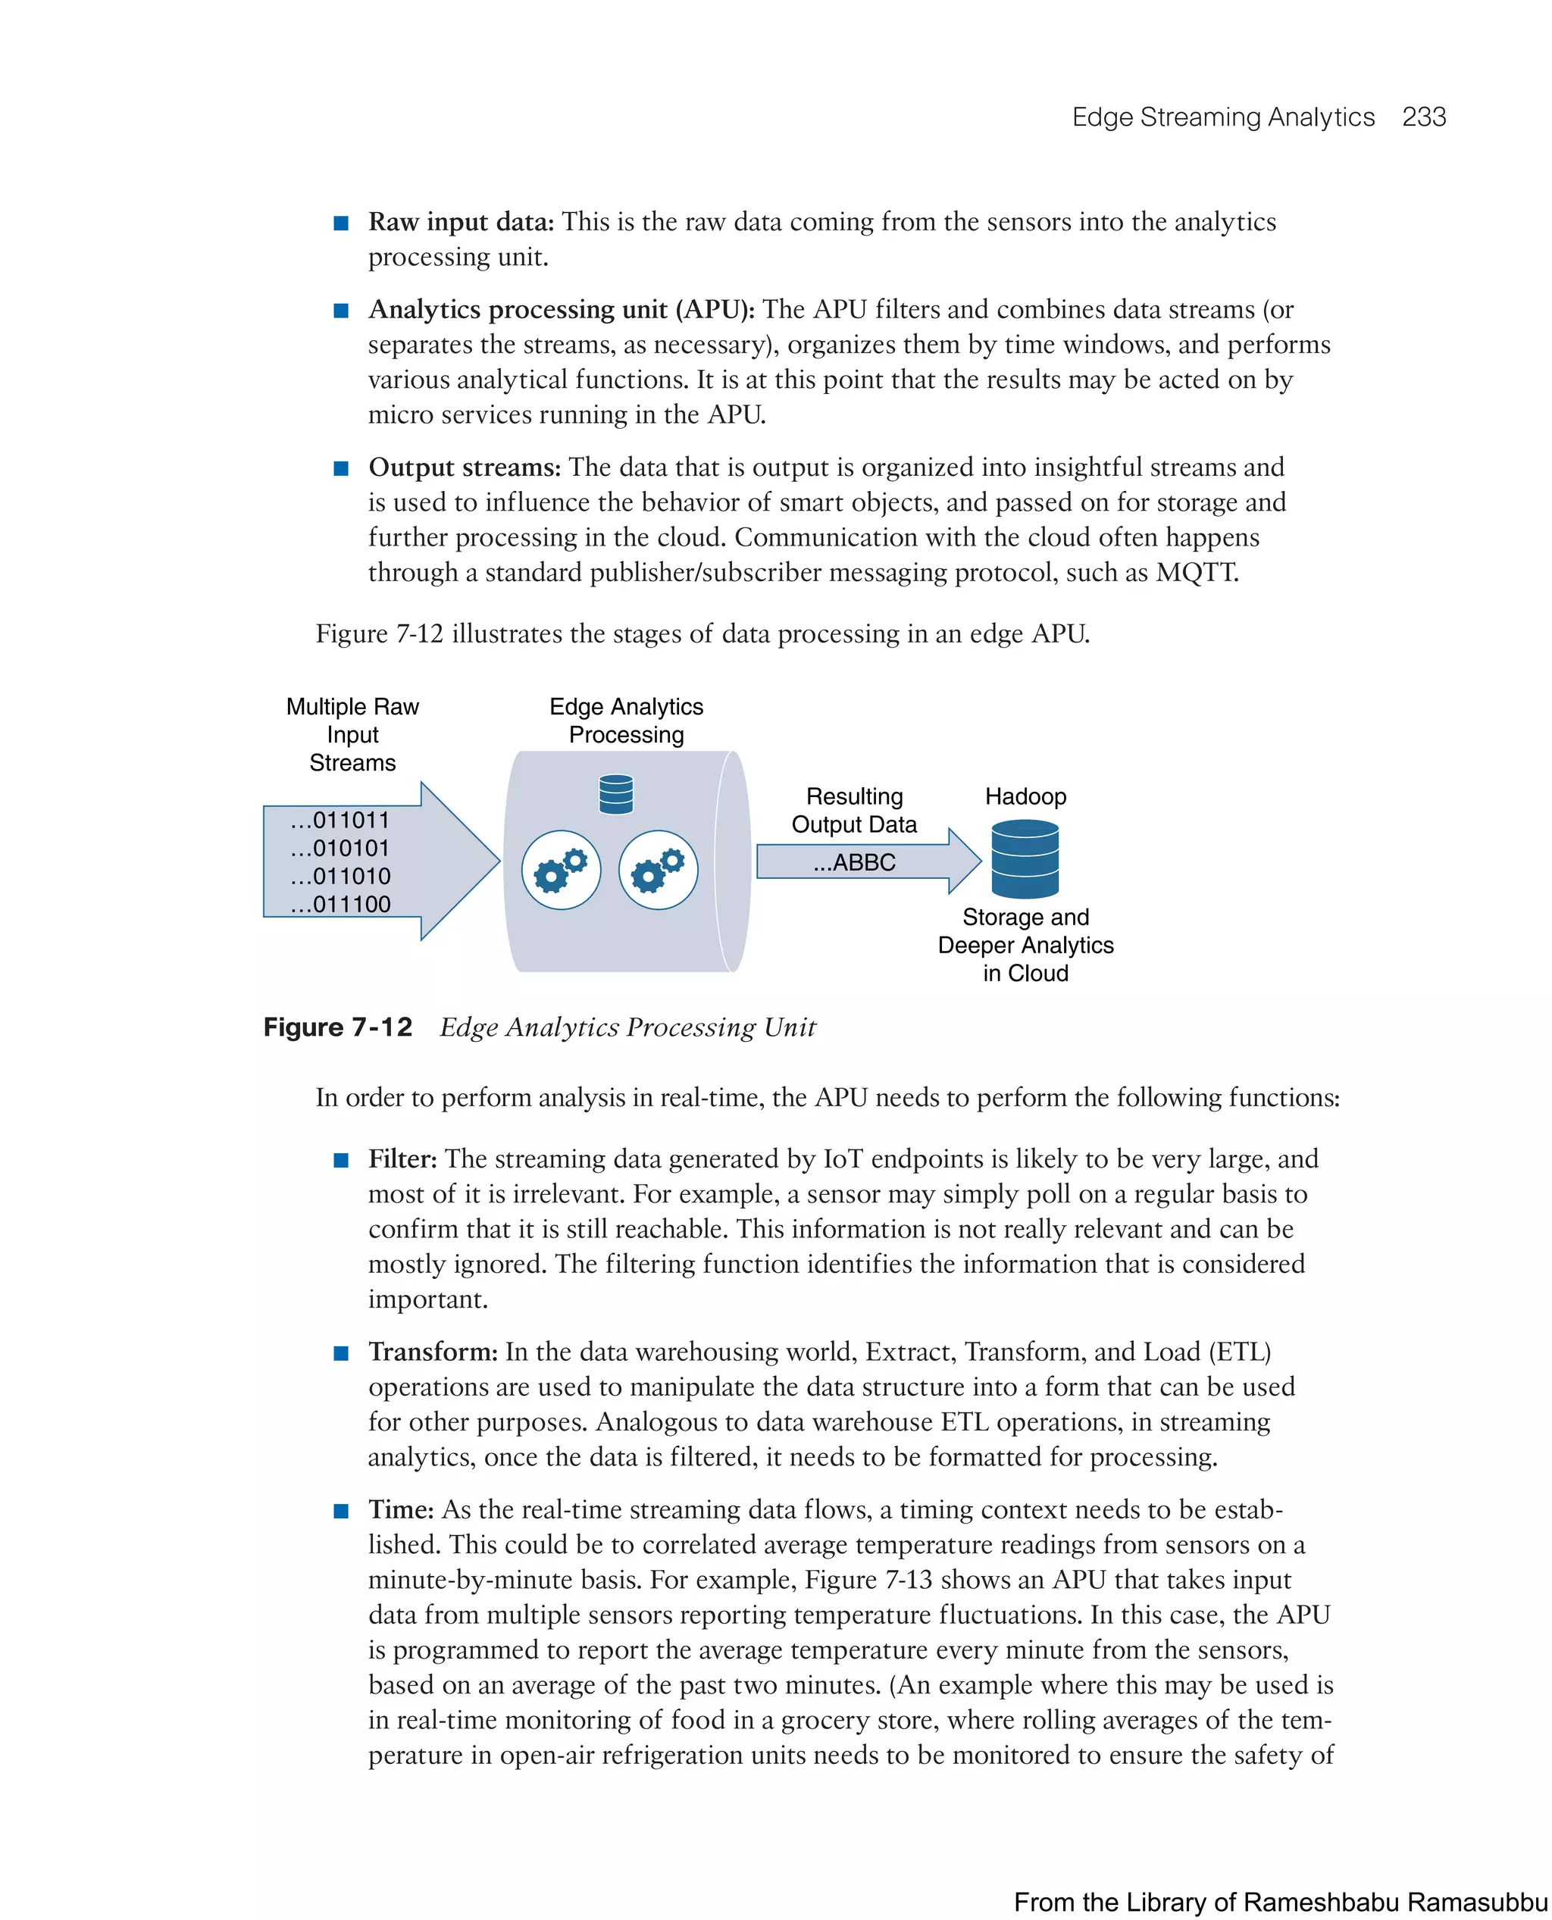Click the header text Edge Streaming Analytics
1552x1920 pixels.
tap(1222, 117)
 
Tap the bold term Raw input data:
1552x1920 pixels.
tap(461, 222)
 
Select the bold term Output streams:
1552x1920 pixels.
tap(464, 467)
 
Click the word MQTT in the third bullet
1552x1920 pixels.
tap(1196, 572)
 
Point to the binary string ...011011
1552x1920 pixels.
tap(339, 820)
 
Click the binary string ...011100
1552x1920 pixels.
tap(339, 904)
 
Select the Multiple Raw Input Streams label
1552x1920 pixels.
tap(352, 734)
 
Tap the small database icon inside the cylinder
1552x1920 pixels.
tap(616, 794)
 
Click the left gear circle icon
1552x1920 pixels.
tap(562, 870)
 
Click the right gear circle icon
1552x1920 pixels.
tap(658, 870)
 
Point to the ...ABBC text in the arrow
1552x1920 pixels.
tap(854, 862)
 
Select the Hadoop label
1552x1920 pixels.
tap(1025, 796)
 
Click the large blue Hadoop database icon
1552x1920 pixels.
tap(1025, 859)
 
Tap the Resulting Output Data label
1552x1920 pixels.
tap(854, 810)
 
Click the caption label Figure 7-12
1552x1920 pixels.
tap(338, 1027)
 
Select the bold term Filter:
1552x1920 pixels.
tap(402, 1159)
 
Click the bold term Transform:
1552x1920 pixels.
tap(433, 1352)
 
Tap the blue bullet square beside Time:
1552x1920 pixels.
tap(340, 1512)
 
